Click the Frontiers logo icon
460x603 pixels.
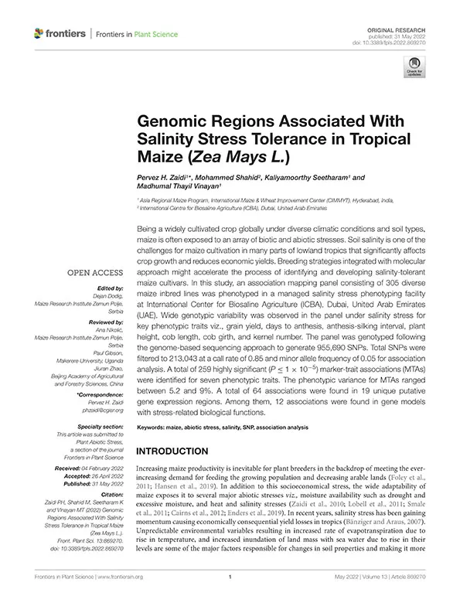tap(39, 34)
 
